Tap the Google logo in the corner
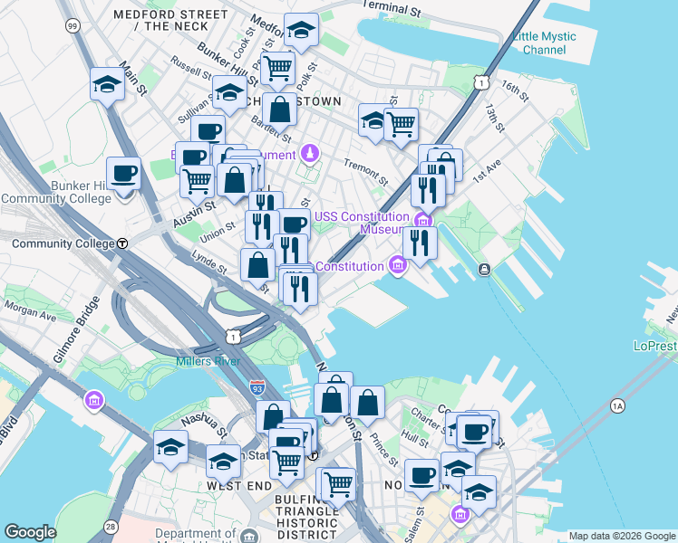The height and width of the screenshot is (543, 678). (30, 532)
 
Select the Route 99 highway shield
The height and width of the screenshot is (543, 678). (72, 26)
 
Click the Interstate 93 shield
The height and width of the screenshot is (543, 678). (257, 386)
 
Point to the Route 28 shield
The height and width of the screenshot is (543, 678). (111, 527)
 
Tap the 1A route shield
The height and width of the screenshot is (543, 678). (618, 405)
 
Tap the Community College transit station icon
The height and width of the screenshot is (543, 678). (121, 243)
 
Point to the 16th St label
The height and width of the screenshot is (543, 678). (514, 89)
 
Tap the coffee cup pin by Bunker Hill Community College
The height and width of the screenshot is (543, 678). (123, 173)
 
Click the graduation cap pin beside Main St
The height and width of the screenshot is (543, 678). (107, 85)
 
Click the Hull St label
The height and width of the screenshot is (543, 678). (415, 437)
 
